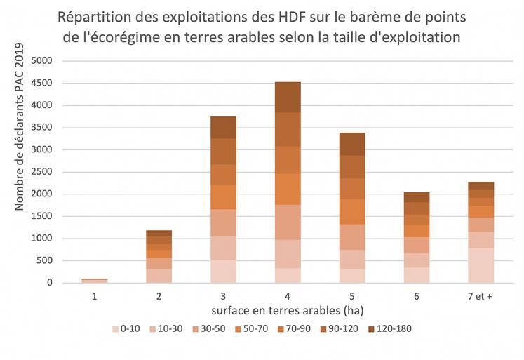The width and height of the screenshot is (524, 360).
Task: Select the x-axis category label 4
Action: [x=288, y=297]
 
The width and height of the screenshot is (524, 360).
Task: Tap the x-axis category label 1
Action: [x=94, y=297]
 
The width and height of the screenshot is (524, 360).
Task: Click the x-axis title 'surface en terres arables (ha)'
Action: [x=288, y=310]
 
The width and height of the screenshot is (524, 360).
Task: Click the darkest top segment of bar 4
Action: [x=288, y=97]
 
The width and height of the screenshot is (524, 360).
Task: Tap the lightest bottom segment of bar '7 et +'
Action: [x=481, y=265]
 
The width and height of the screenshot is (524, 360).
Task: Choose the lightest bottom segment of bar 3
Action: [x=223, y=272]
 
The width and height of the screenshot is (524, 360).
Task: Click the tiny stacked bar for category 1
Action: [x=94, y=281]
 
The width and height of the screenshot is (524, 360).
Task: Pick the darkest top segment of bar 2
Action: [x=159, y=233]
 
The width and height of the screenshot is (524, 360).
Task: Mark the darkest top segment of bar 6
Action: [x=417, y=196]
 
